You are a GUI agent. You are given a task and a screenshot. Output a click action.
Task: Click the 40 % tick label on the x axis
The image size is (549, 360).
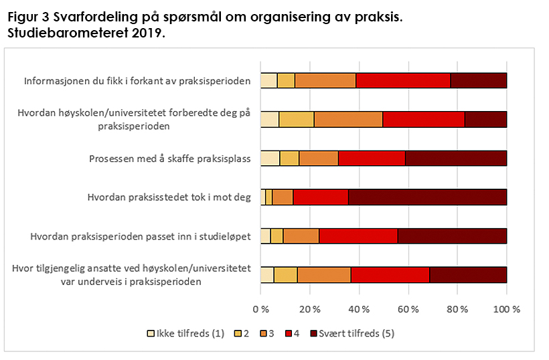pos(359,310)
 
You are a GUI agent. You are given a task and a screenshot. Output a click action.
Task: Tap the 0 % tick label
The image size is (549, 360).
pos(260,310)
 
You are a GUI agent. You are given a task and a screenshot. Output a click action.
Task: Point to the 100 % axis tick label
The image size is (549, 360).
pos(506,310)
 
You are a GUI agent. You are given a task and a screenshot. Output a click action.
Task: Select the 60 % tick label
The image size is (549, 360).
pos(408,310)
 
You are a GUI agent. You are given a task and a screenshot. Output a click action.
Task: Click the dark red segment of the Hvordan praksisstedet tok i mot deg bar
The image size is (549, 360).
pos(427,197)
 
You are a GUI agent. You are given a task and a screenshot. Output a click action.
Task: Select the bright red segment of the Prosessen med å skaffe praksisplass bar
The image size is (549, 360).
pos(372,159)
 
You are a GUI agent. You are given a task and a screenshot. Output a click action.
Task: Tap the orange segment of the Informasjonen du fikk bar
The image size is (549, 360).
pos(325,81)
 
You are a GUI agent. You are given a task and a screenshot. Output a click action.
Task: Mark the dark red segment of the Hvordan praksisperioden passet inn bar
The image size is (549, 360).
pos(452,236)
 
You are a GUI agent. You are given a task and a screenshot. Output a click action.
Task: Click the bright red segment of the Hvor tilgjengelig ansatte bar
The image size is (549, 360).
pos(390,275)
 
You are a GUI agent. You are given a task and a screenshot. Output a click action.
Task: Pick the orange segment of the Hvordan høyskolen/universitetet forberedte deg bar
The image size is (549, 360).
pos(348,120)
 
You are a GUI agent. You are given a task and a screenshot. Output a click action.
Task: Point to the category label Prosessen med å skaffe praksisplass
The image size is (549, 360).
pos(170,159)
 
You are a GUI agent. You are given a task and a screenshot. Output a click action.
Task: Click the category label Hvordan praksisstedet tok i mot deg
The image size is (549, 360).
pos(169,197)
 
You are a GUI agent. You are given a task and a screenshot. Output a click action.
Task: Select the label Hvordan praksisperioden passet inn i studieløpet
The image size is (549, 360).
pos(141,236)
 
